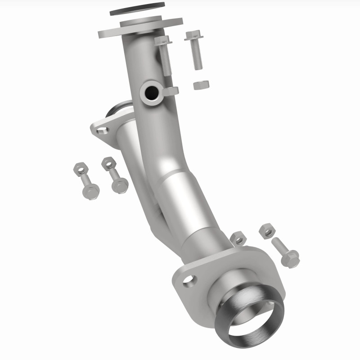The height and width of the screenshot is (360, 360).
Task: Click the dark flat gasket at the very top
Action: [x=137, y=9]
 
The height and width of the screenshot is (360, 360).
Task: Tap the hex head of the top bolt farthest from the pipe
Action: [x=193, y=35]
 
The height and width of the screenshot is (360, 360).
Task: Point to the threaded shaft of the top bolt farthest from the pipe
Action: [x=198, y=57]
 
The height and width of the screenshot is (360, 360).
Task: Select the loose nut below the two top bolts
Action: [x=200, y=85]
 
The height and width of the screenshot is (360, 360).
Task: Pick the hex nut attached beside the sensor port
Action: [x=171, y=91]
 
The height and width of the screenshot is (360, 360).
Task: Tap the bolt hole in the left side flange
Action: [x=102, y=130]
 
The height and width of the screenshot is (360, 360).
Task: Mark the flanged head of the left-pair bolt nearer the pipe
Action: [x=120, y=185]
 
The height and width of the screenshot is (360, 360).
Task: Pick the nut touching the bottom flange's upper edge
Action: [x=238, y=238]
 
